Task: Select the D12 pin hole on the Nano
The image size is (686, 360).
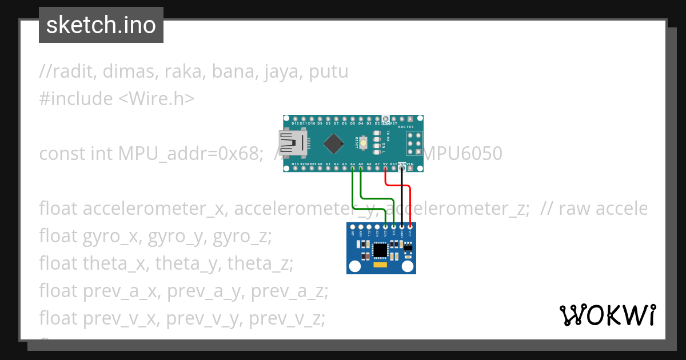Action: (x=294, y=118)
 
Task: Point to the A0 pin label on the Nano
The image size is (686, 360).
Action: (x=320, y=164)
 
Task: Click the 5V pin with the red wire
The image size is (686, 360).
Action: (x=386, y=169)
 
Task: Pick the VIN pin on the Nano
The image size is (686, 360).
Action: (x=410, y=169)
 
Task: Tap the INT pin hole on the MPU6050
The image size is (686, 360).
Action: (x=352, y=227)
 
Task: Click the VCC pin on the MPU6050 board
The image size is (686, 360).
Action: (x=410, y=227)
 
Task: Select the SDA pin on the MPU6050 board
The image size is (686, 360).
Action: (x=385, y=227)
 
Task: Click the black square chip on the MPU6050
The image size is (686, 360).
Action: (x=380, y=250)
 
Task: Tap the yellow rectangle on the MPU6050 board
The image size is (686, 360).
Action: (x=380, y=265)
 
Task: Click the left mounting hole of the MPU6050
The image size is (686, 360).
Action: (x=355, y=266)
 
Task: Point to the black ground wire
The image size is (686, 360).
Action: (x=402, y=197)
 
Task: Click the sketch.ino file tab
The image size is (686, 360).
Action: (x=101, y=25)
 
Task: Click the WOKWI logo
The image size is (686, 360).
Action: (x=607, y=315)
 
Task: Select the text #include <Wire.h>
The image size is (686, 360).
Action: (x=117, y=99)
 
